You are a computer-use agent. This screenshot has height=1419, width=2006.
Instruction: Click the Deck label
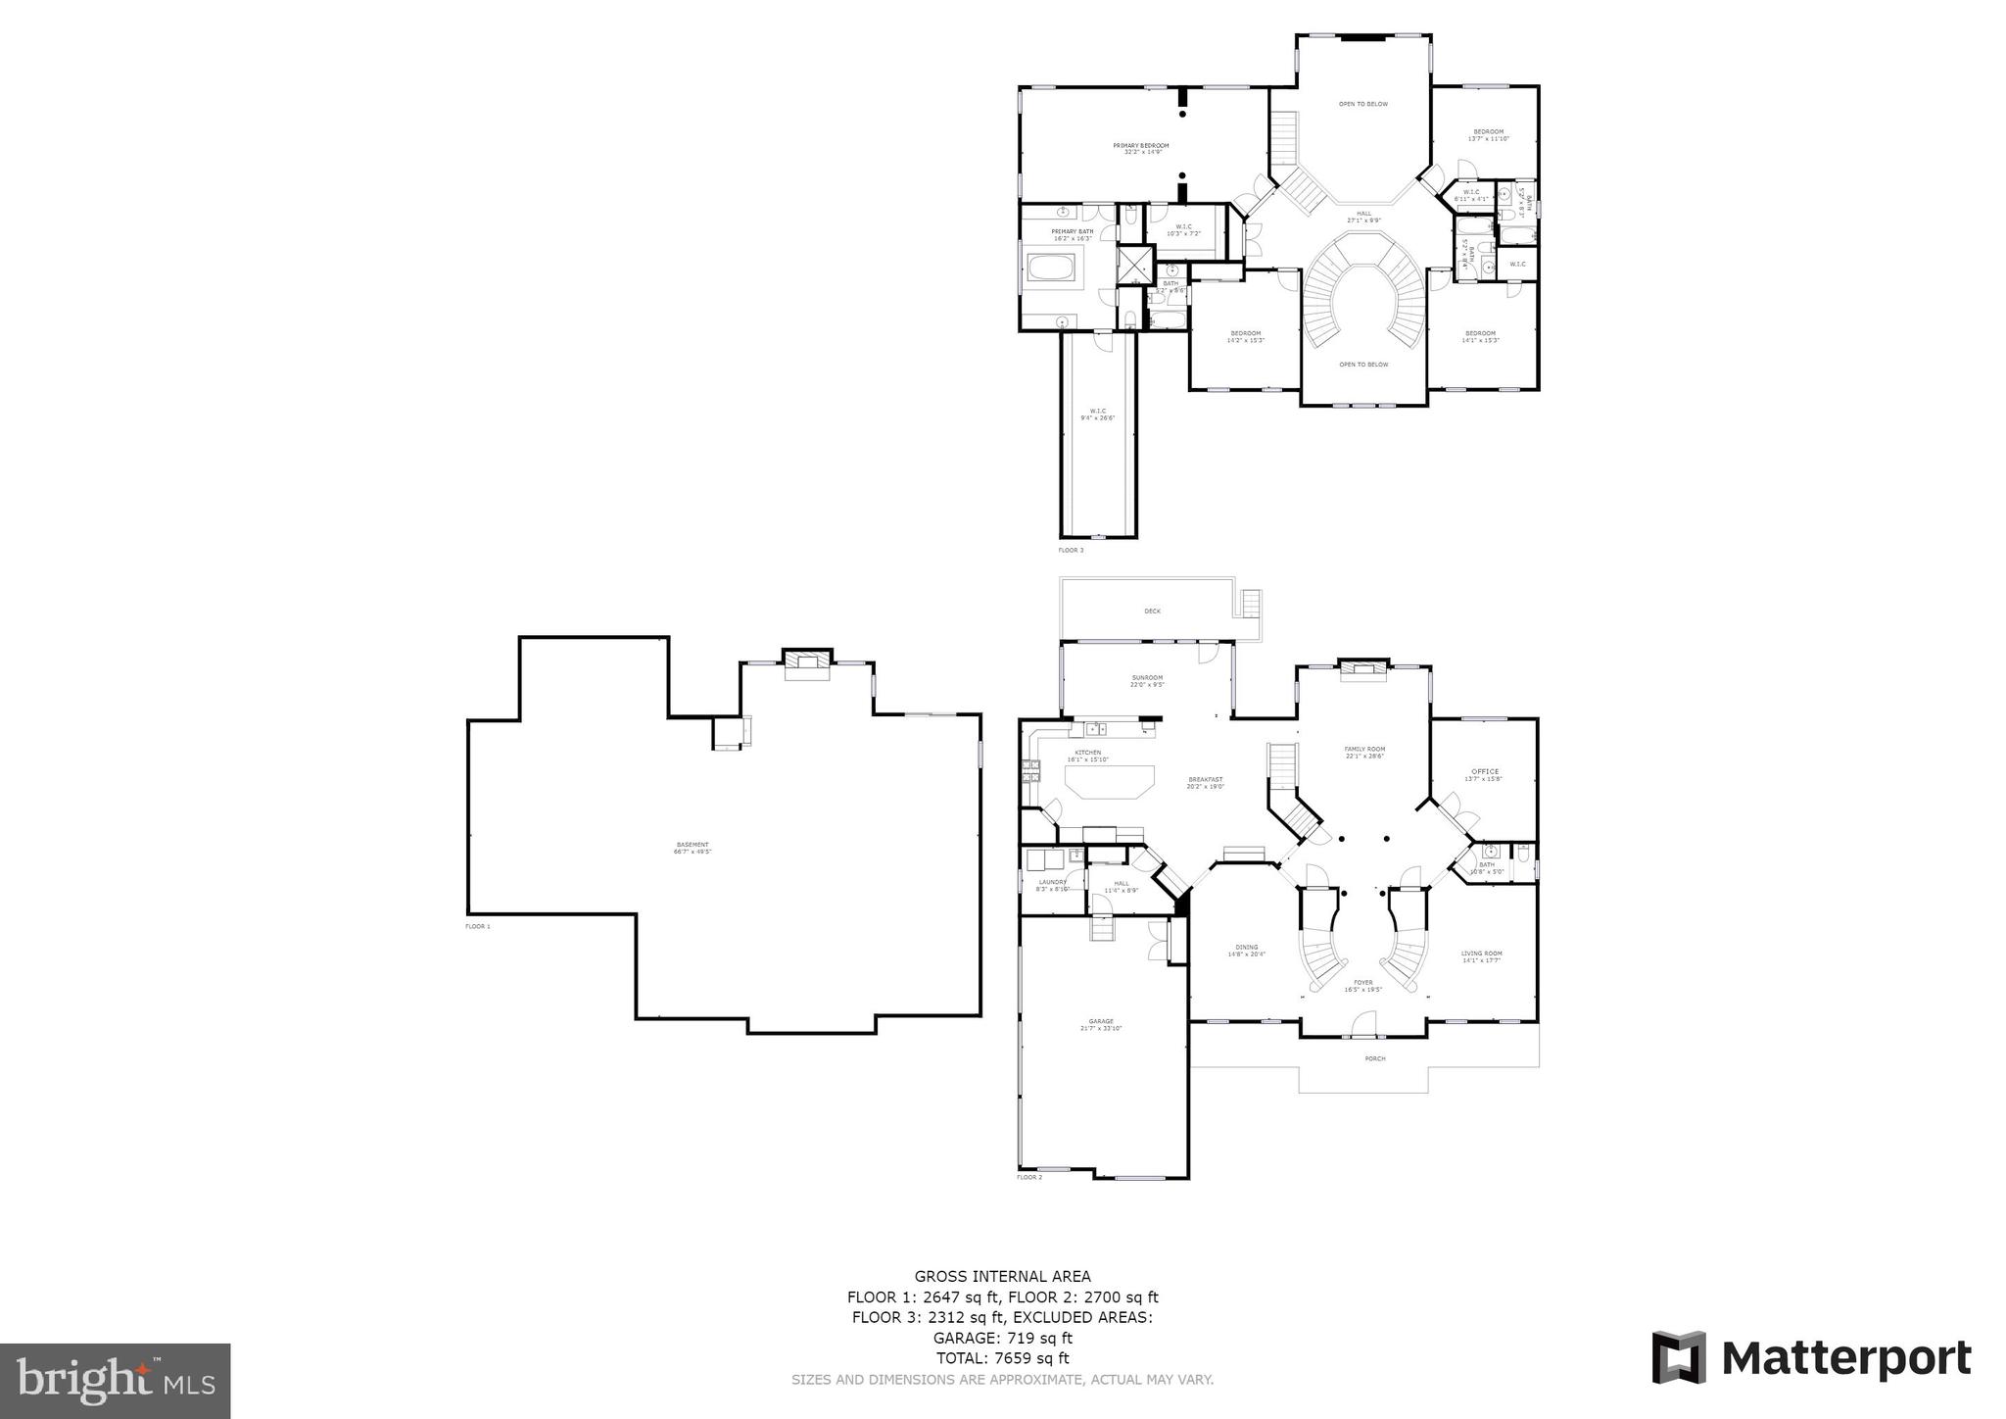tap(1152, 612)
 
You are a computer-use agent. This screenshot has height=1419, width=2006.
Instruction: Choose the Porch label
tap(1375, 1058)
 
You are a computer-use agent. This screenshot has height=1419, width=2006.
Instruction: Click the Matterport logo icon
tap(1679, 1358)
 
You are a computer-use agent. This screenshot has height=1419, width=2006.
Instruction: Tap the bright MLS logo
tap(115, 1381)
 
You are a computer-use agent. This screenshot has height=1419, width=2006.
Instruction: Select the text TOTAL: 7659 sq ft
tap(1002, 1358)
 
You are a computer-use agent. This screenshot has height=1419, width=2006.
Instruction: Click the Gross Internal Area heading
tap(1002, 1276)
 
